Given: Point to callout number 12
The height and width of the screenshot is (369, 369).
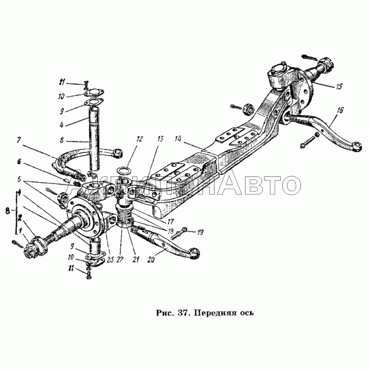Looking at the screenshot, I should (139, 138).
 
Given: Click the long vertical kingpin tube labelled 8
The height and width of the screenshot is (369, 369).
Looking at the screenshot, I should (94, 138).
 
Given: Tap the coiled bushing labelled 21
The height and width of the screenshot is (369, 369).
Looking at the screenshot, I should (124, 216).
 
